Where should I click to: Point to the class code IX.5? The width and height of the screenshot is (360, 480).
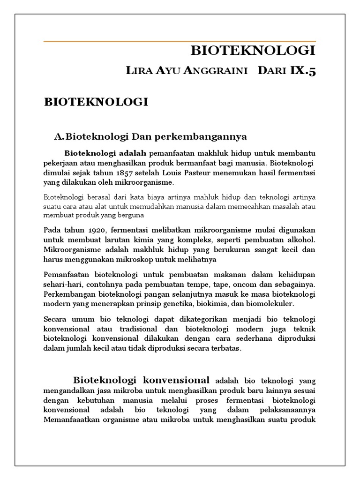point(303,71)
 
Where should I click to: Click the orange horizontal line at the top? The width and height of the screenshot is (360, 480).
point(180,42)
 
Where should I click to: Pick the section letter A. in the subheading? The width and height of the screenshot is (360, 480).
point(59,137)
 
